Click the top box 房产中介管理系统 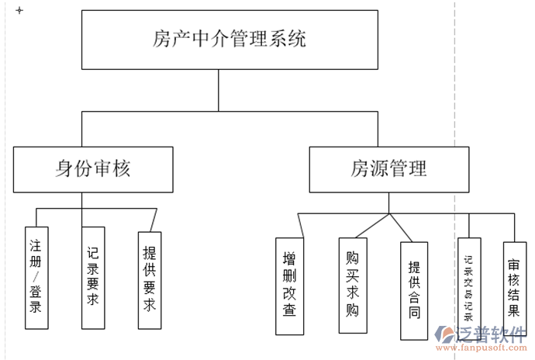coord(230,39)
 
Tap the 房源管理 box coord(388,168)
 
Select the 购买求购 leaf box coord(353,284)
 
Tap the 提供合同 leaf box coord(414,290)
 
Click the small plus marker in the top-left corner coord(19,11)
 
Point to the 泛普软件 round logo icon coord(447,336)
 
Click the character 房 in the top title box coord(162,38)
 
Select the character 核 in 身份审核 coord(140,168)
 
